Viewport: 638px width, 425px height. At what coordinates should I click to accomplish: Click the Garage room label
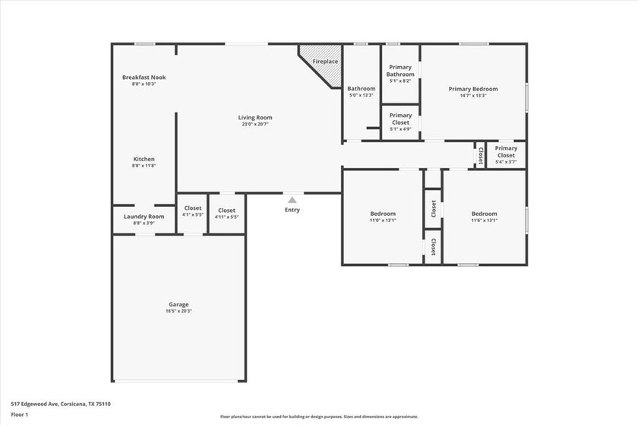[178, 305]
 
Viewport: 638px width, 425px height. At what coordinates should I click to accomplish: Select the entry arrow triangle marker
[292, 200]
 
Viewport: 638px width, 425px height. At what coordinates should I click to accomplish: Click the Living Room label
[254, 118]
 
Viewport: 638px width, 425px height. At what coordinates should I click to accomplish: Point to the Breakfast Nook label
[144, 78]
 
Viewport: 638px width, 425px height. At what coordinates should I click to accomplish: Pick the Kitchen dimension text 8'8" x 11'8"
[144, 166]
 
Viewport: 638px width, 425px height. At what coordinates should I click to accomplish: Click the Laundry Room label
[144, 217]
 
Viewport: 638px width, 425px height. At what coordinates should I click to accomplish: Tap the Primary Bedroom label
[472, 89]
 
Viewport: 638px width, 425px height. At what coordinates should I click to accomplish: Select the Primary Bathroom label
[400, 71]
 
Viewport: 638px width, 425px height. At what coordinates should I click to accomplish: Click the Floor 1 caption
[19, 414]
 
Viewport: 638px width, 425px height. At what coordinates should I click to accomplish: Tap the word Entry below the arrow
[292, 210]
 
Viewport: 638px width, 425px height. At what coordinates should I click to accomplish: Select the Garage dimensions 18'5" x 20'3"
[178, 312]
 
